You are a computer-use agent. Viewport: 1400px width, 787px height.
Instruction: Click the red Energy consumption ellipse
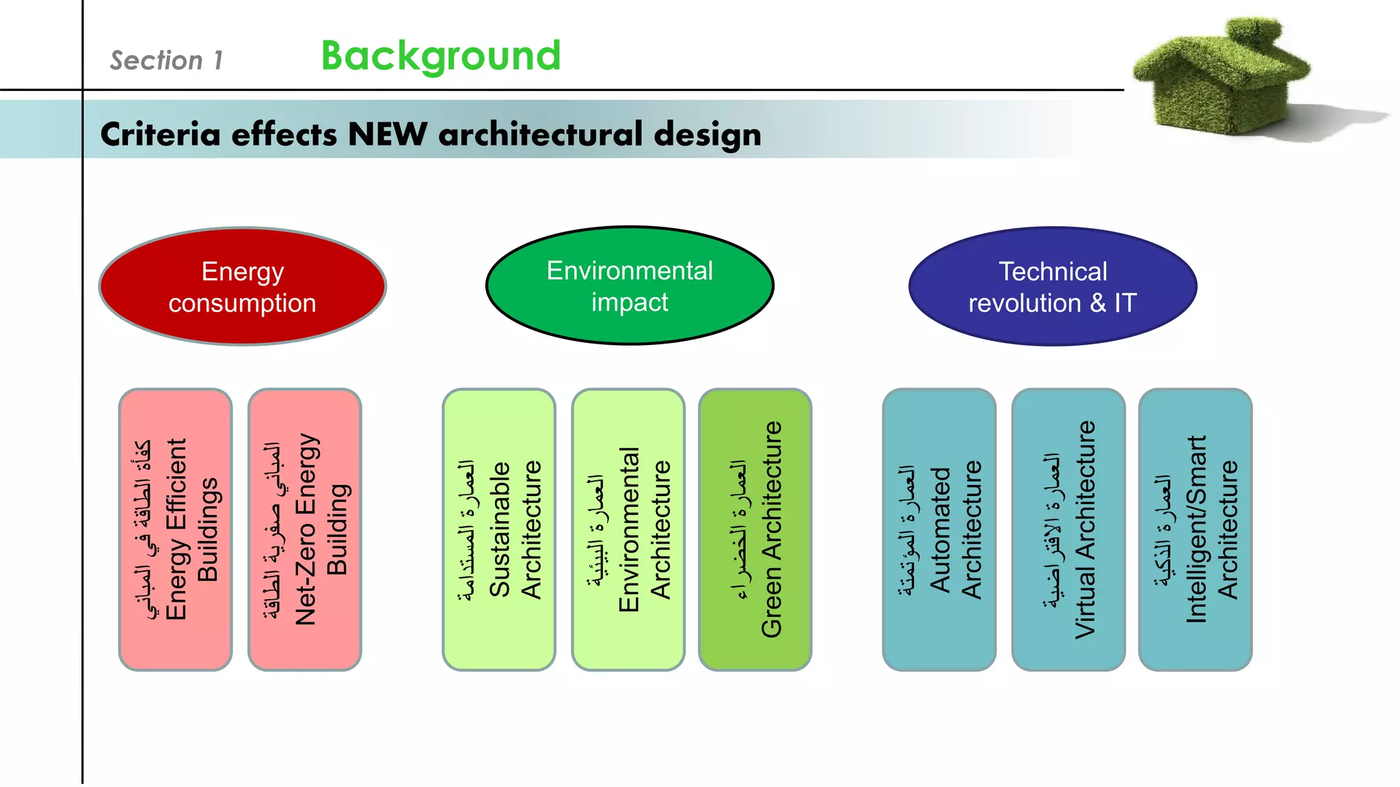point(243,287)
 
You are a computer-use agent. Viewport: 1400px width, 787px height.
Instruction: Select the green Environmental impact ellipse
point(630,286)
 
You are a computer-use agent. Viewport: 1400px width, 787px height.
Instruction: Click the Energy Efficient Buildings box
point(176,529)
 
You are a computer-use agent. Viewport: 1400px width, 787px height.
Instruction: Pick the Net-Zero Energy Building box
point(305,529)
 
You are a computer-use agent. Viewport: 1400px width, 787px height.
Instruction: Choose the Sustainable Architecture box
point(499,529)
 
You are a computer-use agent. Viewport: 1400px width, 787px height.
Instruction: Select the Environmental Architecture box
point(628,529)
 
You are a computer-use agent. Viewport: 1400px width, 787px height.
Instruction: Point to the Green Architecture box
point(755,529)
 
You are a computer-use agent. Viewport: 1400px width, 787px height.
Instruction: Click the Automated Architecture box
point(939,529)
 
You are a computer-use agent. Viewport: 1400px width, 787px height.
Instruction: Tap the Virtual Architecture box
point(1068,529)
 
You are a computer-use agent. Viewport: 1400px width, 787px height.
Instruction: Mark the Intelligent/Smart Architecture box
point(1196,529)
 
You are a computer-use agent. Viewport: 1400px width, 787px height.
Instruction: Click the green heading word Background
point(441,56)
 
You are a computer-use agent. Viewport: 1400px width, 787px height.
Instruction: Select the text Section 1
point(167,61)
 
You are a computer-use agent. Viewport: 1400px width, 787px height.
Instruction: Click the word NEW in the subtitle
point(388,134)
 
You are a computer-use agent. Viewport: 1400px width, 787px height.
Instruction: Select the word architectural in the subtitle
point(541,134)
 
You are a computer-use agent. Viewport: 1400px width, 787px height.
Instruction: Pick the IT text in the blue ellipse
point(1125,303)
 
